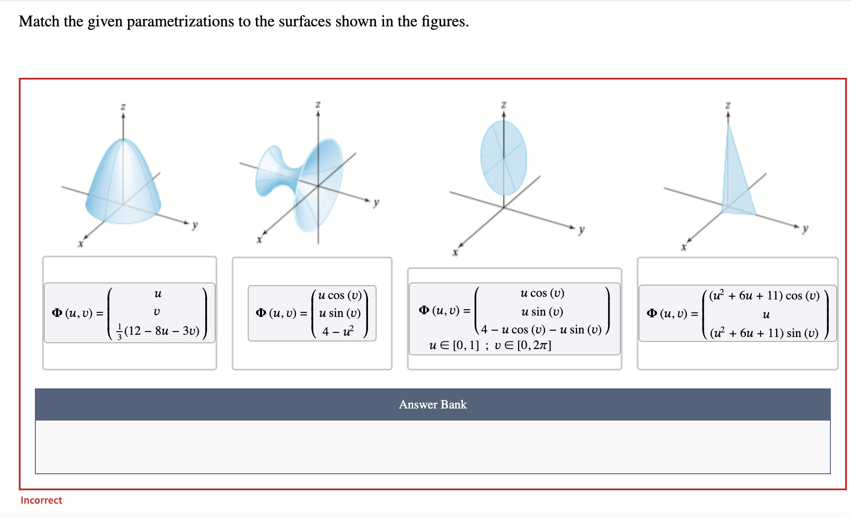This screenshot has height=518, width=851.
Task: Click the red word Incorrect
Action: coord(41,500)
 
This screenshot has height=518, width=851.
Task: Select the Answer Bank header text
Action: coord(432,404)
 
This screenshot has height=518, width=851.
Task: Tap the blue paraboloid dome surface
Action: coord(123,183)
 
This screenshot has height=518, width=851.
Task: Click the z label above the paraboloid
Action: coord(123,106)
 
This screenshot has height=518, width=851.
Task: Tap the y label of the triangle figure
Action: coord(805,228)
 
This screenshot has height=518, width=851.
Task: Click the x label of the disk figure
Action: coord(455,252)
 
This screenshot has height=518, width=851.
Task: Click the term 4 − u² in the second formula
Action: coord(338,331)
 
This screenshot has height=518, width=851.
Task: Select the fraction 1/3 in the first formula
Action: coord(119,332)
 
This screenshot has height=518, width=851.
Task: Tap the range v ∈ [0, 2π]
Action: coord(523,345)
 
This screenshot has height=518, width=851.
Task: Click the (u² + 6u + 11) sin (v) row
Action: coord(764,333)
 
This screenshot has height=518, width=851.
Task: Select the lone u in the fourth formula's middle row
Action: coord(766,315)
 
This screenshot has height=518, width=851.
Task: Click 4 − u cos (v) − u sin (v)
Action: coord(541,329)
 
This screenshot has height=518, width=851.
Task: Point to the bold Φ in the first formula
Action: coord(57,312)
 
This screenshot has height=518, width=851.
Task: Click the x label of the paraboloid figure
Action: coord(80,244)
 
